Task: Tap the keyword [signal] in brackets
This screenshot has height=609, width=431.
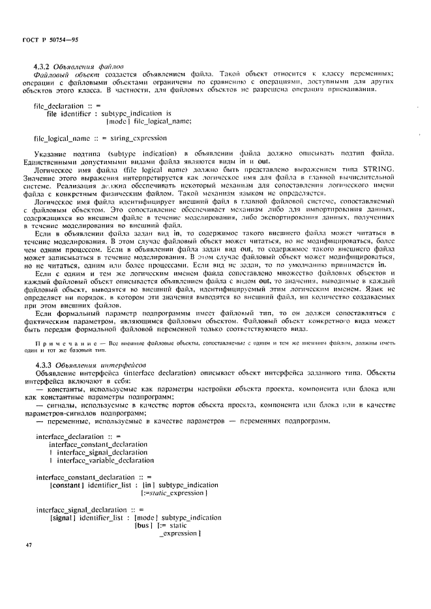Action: click(61, 517)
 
